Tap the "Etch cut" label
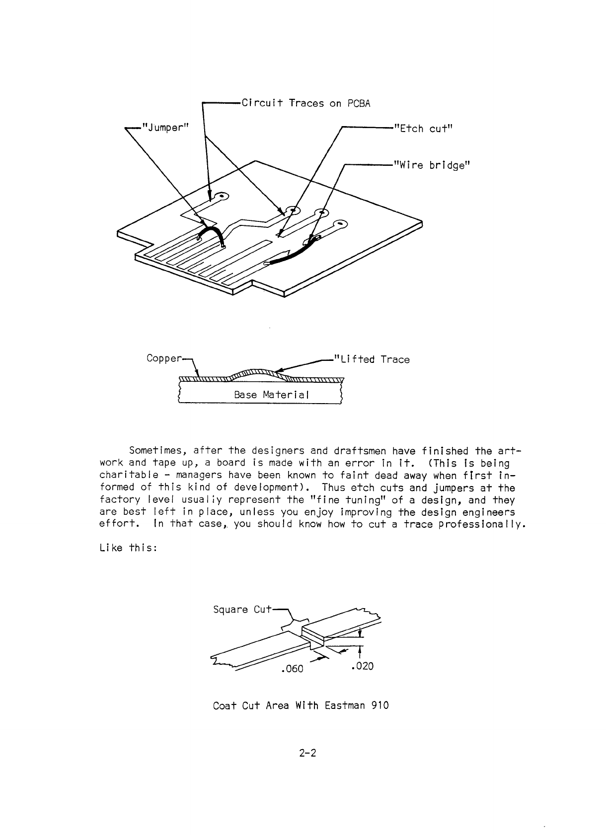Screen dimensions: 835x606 [423, 129]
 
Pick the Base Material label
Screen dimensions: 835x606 [271, 395]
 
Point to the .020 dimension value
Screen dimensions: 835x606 [362, 666]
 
